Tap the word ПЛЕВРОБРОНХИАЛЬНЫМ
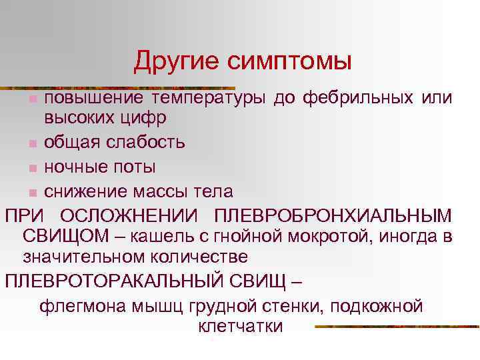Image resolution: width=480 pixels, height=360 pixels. [333, 217]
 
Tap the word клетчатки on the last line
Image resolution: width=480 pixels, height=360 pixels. [241, 326]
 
